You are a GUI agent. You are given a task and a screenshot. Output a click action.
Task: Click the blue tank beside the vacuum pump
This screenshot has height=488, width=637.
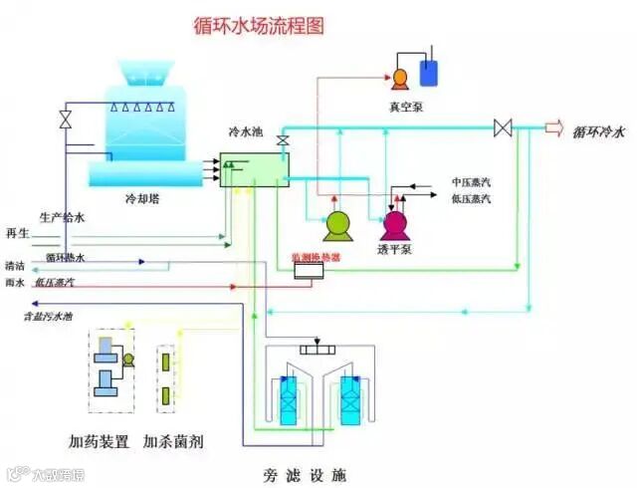(431, 72)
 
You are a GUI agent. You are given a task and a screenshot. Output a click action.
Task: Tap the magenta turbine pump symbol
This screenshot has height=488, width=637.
(395, 224)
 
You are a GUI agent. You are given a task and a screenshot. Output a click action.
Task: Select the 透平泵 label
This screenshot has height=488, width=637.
(395, 249)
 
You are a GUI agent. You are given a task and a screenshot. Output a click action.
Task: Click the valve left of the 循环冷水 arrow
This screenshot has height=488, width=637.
(504, 127)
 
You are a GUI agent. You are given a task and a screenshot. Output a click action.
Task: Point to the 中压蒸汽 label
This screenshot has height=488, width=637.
(472, 183)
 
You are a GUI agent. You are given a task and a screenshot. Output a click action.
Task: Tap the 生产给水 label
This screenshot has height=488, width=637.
(63, 215)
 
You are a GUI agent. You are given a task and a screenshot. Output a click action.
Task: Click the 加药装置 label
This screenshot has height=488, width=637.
(99, 440)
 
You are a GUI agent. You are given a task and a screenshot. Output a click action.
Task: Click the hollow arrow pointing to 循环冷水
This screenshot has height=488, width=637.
(553, 127)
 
